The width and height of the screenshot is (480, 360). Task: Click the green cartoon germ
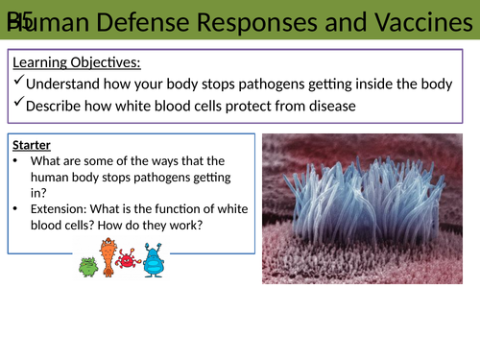coord(87,266)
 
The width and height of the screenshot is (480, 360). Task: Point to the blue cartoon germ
coord(152,261)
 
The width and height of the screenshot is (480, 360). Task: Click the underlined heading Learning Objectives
coord(76,63)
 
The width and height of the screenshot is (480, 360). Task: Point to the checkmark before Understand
coord(18,84)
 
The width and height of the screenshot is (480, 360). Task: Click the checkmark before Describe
coord(18,106)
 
